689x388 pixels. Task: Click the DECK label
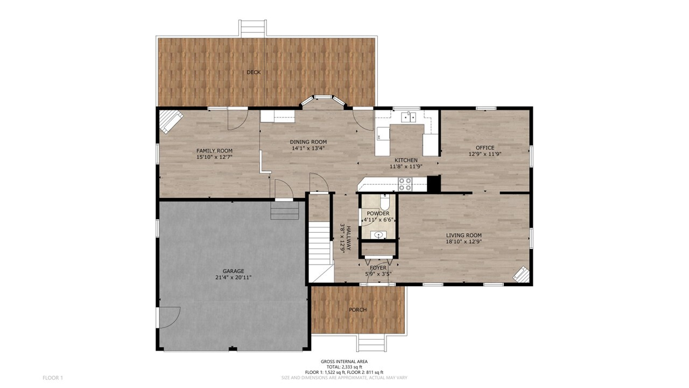click(x=254, y=72)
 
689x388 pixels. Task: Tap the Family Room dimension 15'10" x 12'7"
click(x=214, y=157)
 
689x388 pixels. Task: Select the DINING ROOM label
click(x=308, y=142)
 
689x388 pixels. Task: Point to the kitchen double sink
click(x=409, y=117)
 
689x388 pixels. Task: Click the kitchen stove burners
click(x=405, y=184)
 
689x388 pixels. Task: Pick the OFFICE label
click(x=485, y=148)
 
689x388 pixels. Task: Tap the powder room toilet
click(x=384, y=202)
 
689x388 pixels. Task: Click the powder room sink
click(x=378, y=235)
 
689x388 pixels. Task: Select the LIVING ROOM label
click(x=464, y=235)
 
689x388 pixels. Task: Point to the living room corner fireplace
click(x=521, y=274)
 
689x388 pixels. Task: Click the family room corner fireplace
click(x=171, y=122)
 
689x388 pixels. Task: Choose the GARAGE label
click(x=234, y=271)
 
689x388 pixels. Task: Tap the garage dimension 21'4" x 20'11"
click(x=234, y=278)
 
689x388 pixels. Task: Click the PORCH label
click(x=358, y=310)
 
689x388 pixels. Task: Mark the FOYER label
click(x=378, y=268)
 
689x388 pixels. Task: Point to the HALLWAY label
click(x=348, y=238)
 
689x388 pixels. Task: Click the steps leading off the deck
click(x=253, y=29)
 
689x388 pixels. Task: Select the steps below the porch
click(x=371, y=343)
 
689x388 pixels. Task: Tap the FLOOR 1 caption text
click(x=53, y=378)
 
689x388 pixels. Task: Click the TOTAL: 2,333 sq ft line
click(x=344, y=367)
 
